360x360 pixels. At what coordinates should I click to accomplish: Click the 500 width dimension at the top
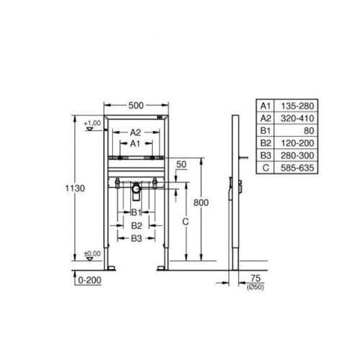coord(136,105)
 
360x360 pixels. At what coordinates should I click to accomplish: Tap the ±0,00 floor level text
coord(91,253)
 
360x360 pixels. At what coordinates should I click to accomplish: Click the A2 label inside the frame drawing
coord(135,132)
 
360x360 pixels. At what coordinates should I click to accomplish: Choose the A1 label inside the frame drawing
coord(135,143)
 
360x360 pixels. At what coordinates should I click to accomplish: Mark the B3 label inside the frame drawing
coord(135,238)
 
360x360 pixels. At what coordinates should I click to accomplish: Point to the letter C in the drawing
coord(185,223)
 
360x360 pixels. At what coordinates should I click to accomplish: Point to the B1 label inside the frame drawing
coord(135,212)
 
